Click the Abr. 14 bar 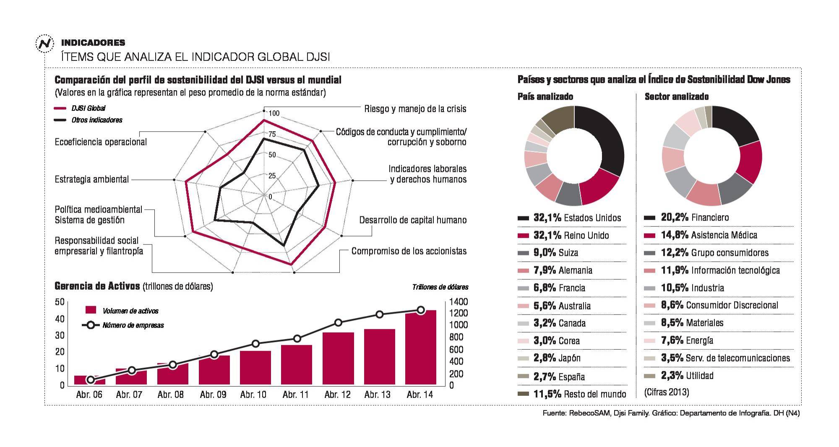pyautogui.click(x=420, y=348)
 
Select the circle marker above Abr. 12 pyautogui.click(x=338, y=322)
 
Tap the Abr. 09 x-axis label pyautogui.click(x=213, y=395)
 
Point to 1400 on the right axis pyautogui.click(x=458, y=302)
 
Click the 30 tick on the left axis pyautogui.click(x=60, y=335)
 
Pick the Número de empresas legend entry pyautogui.click(x=124, y=325)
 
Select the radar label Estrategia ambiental pyautogui.click(x=91, y=179)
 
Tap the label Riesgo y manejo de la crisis pyautogui.click(x=415, y=109)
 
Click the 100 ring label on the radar pyautogui.click(x=274, y=114)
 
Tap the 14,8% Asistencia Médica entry pyautogui.click(x=709, y=235)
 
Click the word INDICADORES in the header pyautogui.click(x=93, y=43)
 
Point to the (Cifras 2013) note pyautogui.click(x=667, y=392)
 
